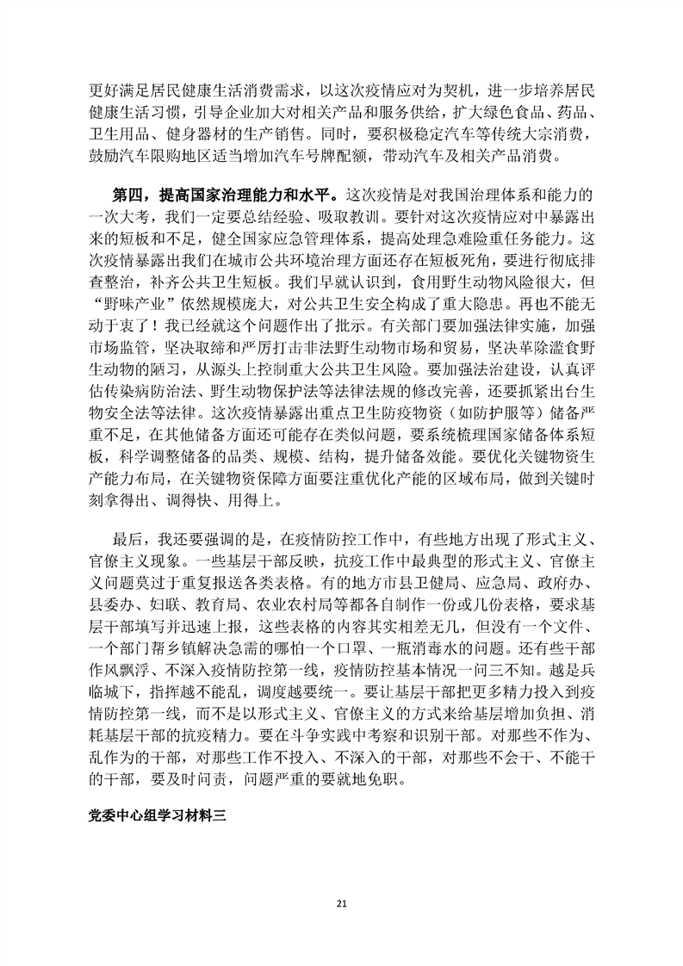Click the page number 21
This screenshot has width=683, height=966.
click(x=341, y=903)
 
